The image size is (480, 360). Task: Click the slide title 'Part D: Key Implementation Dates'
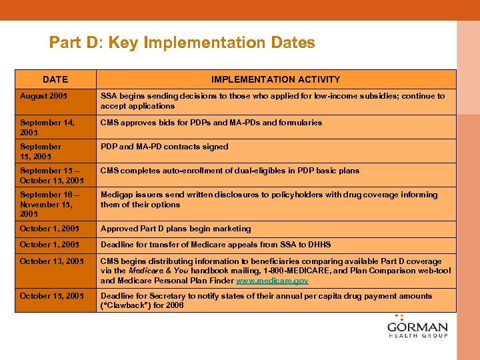(x=182, y=43)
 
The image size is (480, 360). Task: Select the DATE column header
(x=55, y=79)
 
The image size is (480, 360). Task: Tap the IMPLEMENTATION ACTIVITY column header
(x=275, y=79)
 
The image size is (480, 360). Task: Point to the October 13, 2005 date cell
(x=52, y=261)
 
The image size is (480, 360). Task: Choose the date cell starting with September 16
(x=50, y=204)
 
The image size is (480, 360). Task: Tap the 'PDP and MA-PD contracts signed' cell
(x=164, y=147)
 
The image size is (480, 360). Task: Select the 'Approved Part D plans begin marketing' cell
(x=175, y=229)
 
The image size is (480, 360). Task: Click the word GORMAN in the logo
(x=417, y=328)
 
